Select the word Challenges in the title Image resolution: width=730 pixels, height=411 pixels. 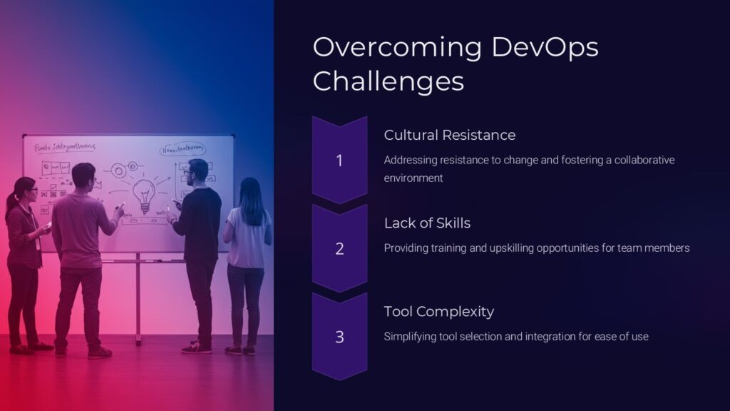(x=388, y=81)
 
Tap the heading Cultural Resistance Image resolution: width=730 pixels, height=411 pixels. (x=449, y=135)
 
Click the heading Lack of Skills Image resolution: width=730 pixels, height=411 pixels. (x=427, y=223)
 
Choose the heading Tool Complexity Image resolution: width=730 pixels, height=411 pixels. (x=438, y=311)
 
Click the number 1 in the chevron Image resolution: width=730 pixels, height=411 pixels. (x=339, y=161)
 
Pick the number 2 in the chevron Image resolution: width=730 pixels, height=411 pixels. (x=339, y=249)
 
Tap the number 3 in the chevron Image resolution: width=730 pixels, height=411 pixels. (x=339, y=337)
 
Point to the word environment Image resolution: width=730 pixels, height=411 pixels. (x=413, y=178)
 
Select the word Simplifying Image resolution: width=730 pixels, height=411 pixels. (x=411, y=336)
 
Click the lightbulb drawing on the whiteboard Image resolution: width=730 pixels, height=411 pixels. (x=145, y=193)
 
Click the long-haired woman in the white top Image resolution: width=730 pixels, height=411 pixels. (x=247, y=250)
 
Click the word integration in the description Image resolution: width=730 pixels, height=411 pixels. (x=552, y=336)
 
